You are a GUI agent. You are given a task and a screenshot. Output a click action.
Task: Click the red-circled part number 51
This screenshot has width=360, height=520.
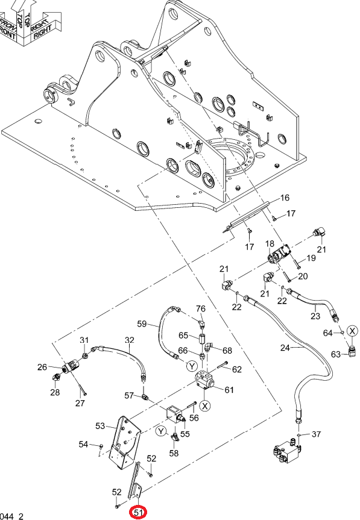coord(138,513)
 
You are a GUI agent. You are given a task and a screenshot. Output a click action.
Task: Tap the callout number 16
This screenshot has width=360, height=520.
coord(285,198)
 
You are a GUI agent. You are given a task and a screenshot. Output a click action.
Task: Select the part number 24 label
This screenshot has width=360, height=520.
coord(285,348)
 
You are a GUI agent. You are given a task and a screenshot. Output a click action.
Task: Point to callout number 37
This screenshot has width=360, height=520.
coord(316,434)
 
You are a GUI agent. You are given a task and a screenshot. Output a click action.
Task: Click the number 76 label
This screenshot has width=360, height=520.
coord(201,309)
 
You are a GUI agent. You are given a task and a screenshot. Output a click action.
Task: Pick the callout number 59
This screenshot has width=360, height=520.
coord(142,324)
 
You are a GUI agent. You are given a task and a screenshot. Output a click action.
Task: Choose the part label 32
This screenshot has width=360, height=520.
coord(130,340)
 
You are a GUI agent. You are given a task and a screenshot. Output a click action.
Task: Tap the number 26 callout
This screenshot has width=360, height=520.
coord(42,367)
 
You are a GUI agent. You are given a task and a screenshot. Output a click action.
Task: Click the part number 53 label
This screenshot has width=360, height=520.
coord(100,426)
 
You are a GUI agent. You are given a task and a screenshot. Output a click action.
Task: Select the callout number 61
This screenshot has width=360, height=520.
coord(229,390)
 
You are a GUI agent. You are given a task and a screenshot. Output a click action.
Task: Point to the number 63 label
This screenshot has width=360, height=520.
coord(336,354)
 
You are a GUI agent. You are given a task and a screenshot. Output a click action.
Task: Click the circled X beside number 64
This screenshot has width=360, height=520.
coord(352,331)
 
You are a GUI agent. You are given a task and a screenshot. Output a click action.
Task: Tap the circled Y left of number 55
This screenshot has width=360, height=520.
coord(161,431)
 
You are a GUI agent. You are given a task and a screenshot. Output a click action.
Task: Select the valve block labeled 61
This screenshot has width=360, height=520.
coord(204,380)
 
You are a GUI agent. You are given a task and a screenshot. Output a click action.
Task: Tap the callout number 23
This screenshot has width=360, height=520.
coord(315,316)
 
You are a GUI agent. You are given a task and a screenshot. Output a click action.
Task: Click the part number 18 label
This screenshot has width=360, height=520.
coord(270,244)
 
